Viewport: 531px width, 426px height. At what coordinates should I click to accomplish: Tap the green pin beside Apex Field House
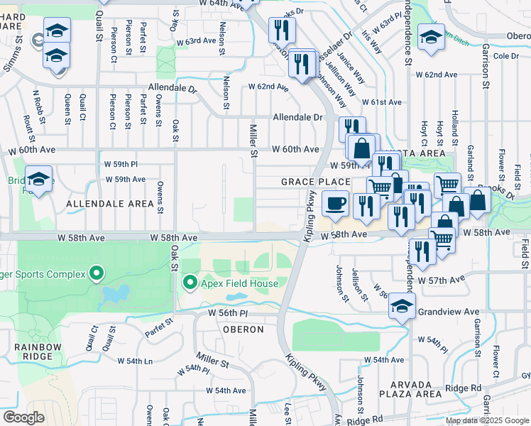pos(190,284)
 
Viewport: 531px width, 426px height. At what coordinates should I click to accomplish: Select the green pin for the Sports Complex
pos(96,274)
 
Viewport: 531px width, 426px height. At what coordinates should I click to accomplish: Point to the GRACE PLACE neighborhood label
pos(315,182)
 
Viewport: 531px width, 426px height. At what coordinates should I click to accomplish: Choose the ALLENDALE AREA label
pos(109,204)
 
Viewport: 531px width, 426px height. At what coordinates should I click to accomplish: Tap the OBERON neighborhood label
pos(243,330)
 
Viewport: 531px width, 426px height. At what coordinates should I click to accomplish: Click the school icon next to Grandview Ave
pos(402,307)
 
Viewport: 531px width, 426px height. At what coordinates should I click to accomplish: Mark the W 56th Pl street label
pos(228,312)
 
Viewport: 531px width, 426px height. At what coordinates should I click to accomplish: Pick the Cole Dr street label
pos(505,56)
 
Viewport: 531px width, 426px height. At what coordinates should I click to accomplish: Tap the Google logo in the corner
pos(23,417)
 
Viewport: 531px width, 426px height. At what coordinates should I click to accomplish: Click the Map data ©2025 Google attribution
pos(486,420)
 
